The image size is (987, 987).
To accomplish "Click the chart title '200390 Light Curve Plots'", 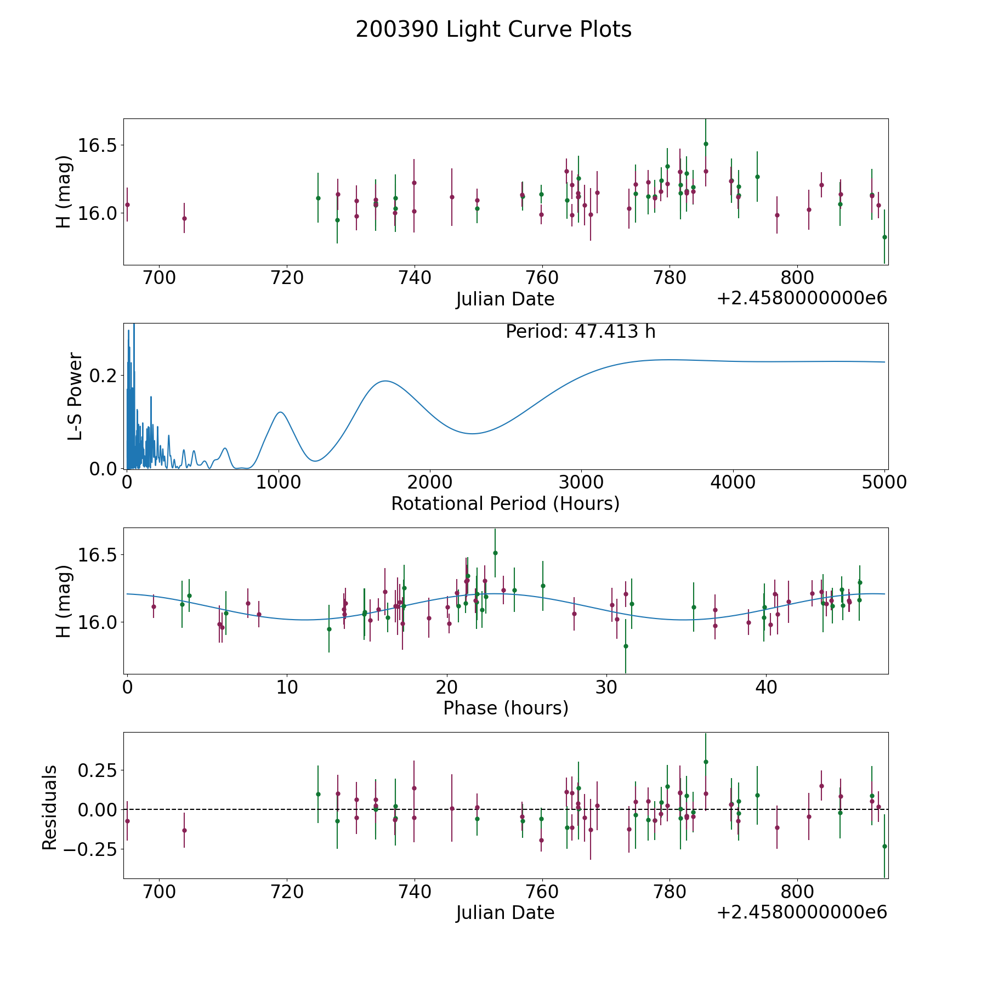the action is coord(493,30).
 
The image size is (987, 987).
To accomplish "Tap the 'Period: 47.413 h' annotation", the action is coord(580,332).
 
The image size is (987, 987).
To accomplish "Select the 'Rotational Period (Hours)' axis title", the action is coord(505,503).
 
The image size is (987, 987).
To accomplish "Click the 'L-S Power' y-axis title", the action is coord(75,396).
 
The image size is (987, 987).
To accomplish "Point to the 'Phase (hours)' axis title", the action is coord(506,708).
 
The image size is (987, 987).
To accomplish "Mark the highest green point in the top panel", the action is coord(706,144).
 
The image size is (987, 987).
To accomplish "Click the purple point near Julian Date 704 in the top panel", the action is coord(184,218).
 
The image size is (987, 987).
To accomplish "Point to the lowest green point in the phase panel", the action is coord(626,646).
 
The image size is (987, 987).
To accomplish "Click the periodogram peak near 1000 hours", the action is coord(280,412).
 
